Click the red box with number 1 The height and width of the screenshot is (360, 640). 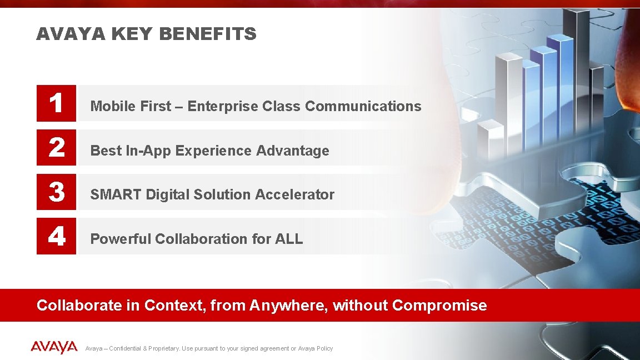(56, 103)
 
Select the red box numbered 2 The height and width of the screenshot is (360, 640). (56, 148)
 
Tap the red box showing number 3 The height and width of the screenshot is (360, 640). (56, 192)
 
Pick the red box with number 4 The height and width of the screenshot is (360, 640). (56, 237)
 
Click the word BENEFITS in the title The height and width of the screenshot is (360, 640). (207, 34)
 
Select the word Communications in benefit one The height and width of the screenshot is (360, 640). (363, 106)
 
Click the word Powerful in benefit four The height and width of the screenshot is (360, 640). (120, 239)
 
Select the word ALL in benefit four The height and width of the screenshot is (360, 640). (288, 239)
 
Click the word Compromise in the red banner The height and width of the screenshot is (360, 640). (439, 305)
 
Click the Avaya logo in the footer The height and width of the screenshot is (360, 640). (54, 348)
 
